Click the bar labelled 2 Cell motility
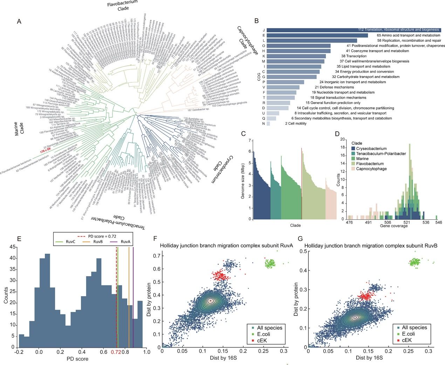pos(268,124)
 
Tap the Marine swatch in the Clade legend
pos(354,159)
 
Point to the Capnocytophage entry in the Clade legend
pos(371,169)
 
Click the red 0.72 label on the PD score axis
pos(116,352)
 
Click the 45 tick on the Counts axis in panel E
pos(12,247)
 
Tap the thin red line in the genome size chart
pos(301,182)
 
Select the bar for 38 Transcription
pos(296,56)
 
